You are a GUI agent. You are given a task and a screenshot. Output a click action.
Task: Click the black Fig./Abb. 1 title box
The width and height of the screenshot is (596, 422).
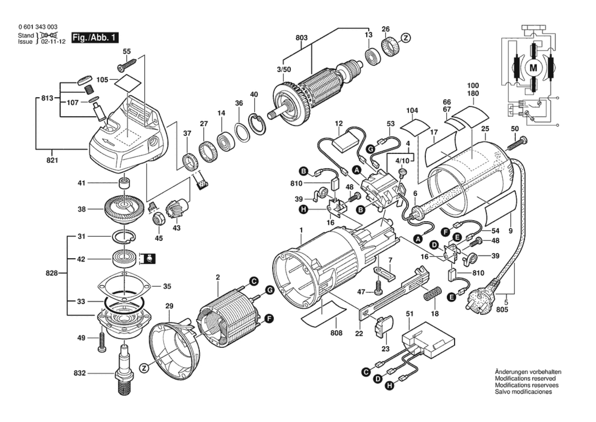point(95,38)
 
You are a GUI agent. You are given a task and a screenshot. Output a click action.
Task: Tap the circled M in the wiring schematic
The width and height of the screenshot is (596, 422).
point(533,68)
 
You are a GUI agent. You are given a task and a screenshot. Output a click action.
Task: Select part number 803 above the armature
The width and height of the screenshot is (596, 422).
point(301,38)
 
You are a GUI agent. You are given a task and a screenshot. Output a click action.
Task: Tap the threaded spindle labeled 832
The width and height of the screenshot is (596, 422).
point(125,370)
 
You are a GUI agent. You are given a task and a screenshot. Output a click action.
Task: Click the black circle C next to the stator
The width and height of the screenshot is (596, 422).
point(254,281)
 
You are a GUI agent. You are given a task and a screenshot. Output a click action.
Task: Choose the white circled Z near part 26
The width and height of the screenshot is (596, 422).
point(406,38)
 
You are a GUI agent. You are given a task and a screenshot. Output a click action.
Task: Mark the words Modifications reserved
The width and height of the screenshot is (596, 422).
point(525,378)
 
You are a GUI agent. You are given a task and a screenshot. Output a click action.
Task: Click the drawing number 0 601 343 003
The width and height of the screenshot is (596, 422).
point(38,27)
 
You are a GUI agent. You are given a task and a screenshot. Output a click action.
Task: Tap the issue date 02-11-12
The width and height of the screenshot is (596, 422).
point(53,42)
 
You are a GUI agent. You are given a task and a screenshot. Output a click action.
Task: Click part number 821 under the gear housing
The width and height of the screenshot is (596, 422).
point(52,160)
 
